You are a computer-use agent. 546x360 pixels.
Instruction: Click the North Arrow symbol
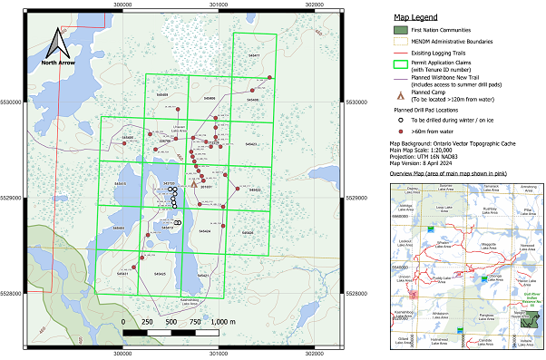[57, 45]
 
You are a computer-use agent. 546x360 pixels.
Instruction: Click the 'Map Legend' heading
[415, 17]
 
